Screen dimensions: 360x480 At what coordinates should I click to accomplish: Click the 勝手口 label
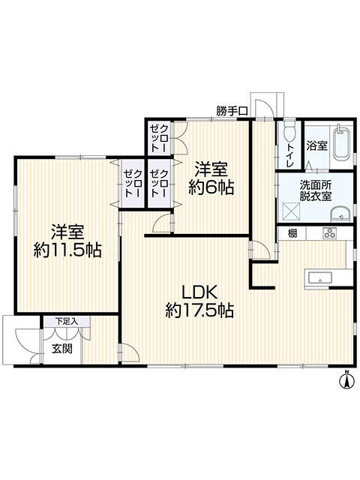pos(232,111)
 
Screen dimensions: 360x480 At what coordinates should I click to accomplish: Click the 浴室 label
pos(316,145)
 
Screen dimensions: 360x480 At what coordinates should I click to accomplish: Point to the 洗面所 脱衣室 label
pos(315,190)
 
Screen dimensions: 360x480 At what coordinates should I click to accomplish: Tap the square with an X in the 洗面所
pos(291,211)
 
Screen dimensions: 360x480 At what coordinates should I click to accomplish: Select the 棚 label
pos(292,234)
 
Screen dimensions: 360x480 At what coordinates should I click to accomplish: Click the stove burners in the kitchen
pos(329,233)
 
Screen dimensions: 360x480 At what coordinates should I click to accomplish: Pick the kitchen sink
pos(320,278)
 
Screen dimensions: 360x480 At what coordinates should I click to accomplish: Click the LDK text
pos(199,292)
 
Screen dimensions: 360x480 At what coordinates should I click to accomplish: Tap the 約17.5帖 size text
pos(199,310)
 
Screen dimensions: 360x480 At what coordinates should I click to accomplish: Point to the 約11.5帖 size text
pos(67,250)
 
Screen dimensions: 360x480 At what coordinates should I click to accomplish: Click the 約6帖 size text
pos(211,187)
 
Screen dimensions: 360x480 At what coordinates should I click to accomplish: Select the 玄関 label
pos(61,349)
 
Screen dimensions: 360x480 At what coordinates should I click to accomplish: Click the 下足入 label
pos(67,321)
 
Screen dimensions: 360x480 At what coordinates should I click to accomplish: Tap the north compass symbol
pos(346,380)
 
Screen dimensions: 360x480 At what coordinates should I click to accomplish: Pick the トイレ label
pos(289,155)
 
